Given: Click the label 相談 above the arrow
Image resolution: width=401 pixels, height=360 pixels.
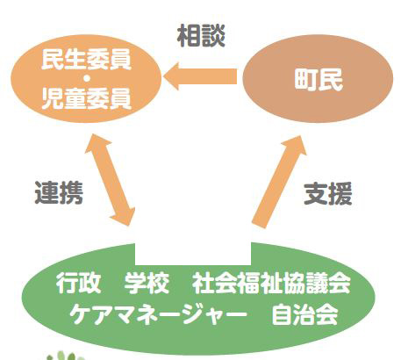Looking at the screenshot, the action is click(201, 36).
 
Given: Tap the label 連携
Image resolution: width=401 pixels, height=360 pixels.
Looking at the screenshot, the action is click(59, 192).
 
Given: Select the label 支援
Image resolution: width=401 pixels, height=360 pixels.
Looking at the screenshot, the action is click(328, 194).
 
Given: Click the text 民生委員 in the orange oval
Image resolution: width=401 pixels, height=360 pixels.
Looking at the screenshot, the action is click(86, 60).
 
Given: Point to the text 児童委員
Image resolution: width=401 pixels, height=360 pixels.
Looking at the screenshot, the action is click(86, 98).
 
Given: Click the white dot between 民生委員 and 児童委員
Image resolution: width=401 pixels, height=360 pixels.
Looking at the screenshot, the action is click(87, 79).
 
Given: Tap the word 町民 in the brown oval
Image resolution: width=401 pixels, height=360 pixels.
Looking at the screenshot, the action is click(319, 80).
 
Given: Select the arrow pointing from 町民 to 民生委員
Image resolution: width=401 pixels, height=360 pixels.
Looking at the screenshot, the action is click(200, 76).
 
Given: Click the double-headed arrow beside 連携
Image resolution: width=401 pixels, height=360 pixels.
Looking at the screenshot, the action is click(111, 180).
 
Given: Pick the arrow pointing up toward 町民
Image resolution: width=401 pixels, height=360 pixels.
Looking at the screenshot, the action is click(279, 182).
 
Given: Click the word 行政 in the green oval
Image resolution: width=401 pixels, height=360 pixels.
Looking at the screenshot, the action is click(79, 283).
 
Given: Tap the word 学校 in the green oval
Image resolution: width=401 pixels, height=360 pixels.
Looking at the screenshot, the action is click(147, 283).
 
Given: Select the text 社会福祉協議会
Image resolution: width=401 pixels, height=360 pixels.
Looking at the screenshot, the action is click(271, 283).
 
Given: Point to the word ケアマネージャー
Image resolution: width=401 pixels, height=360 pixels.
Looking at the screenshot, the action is click(158, 314).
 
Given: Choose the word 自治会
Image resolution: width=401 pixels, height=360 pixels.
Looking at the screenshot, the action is click(305, 314).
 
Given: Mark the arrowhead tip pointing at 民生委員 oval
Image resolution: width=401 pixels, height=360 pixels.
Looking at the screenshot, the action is click(164, 76).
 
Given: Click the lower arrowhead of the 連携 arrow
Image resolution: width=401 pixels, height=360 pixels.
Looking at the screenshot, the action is click(129, 226).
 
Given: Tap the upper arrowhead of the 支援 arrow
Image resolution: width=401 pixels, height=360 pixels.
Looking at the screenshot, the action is click(301, 136).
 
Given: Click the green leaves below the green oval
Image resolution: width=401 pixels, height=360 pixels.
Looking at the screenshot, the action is click(66, 356).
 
